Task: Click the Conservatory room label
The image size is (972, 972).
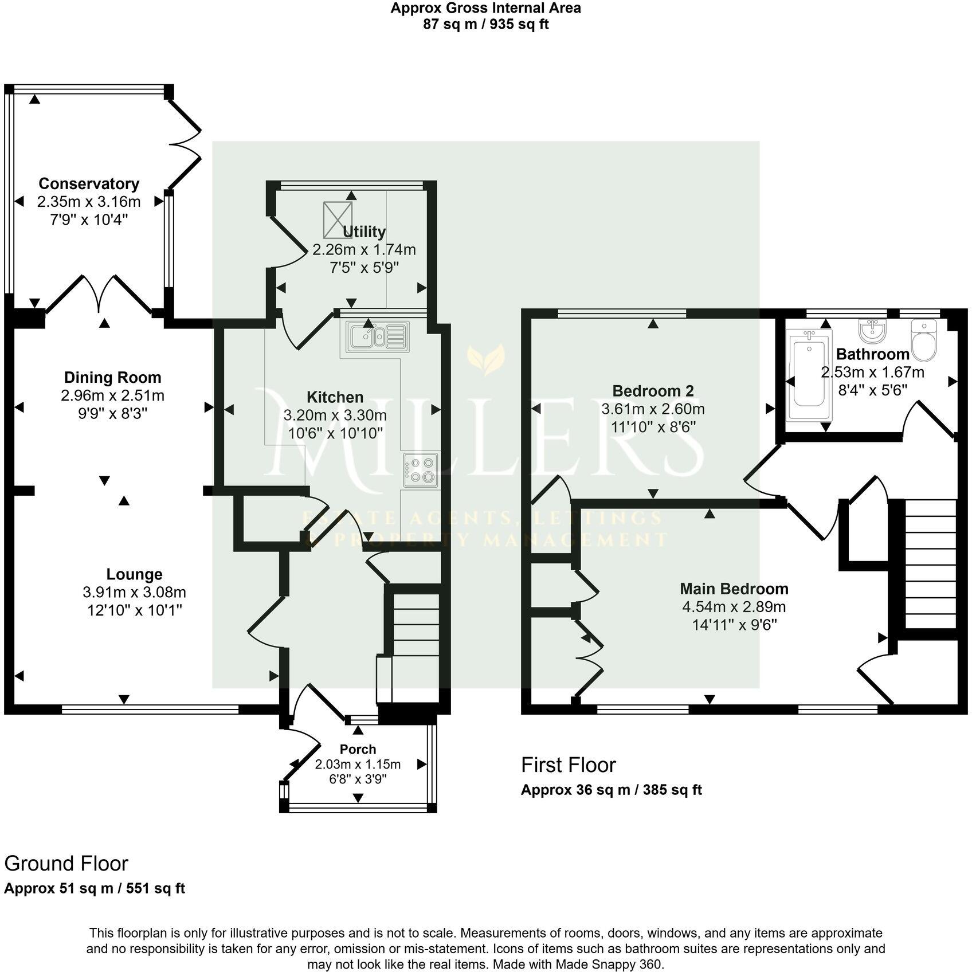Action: [x=89, y=184]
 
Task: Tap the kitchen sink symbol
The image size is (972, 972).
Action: [x=377, y=335]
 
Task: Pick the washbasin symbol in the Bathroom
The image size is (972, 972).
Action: [x=872, y=331]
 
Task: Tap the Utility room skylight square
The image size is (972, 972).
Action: [x=338, y=220]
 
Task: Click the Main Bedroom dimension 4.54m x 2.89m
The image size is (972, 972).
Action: [x=734, y=607]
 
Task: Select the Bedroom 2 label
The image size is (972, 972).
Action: [x=653, y=391]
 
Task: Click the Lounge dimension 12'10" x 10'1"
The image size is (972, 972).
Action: [x=135, y=610]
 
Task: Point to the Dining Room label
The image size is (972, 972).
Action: [x=112, y=378]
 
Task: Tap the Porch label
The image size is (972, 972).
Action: [x=358, y=749]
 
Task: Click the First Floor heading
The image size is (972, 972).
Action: [x=568, y=765]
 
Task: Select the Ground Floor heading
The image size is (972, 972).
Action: [x=66, y=863]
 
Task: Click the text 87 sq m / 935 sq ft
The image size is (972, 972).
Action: [x=485, y=25]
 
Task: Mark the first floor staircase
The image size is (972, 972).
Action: [x=931, y=563]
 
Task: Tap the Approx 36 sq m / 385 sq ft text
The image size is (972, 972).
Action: [x=611, y=790]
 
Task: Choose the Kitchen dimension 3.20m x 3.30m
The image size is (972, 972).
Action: [x=335, y=415]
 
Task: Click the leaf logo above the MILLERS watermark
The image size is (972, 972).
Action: [x=485, y=359]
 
